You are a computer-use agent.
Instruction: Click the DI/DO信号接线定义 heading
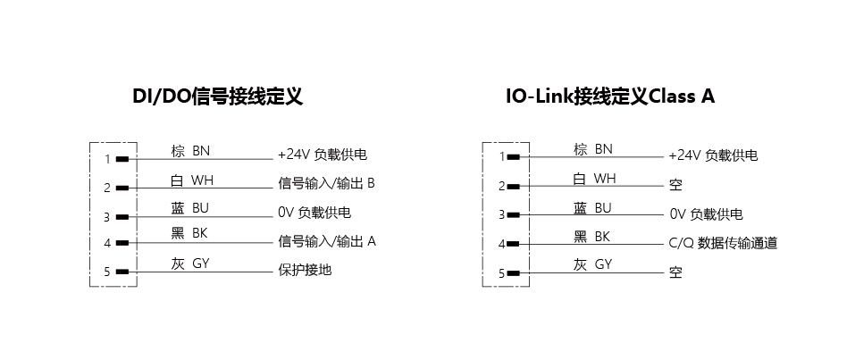(217, 96)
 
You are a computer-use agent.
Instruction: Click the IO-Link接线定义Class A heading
(609, 96)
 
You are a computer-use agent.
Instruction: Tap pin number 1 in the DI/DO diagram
(106, 160)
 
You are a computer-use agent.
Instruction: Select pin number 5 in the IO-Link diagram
(501, 273)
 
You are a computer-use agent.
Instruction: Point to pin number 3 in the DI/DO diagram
(106, 216)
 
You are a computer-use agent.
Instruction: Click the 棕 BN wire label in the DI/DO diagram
(190, 151)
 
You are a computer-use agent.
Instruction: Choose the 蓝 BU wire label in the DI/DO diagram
(190, 208)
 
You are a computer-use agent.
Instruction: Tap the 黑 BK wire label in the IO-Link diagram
(591, 237)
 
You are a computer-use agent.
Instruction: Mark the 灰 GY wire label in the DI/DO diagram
(190, 264)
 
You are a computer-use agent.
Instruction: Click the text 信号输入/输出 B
(326, 184)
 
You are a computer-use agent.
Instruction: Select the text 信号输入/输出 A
(327, 241)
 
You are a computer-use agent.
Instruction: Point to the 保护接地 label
(305, 269)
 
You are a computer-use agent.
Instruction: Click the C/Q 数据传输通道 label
(723, 243)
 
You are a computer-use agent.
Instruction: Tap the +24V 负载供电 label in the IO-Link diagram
(712, 155)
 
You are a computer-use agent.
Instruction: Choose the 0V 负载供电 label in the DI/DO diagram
(314, 213)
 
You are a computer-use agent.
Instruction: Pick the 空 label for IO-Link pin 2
(675, 186)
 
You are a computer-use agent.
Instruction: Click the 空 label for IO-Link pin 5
(675, 272)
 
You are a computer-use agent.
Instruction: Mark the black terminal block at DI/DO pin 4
(122, 242)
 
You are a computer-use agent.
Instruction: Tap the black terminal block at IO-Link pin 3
(514, 214)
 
